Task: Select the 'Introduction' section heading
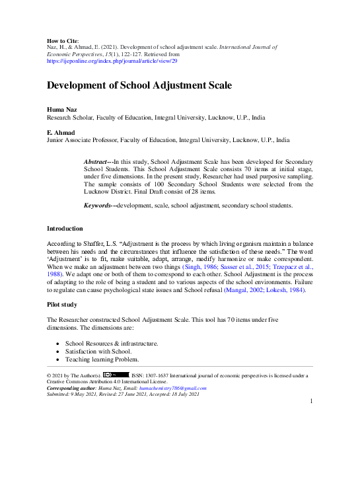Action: tap(65, 228)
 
